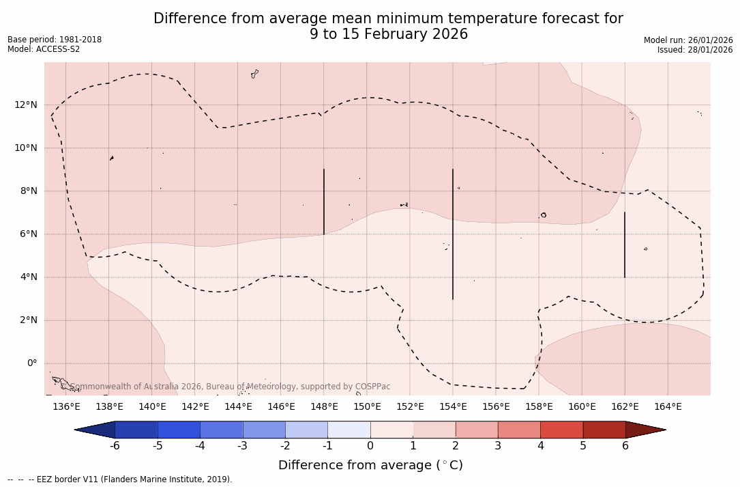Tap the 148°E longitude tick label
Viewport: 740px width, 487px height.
click(324, 407)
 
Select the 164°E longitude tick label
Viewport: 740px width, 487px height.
click(668, 407)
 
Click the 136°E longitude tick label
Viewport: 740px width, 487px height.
click(66, 407)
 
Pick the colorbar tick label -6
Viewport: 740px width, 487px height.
click(115, 446)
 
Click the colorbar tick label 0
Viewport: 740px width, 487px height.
click(370, 446)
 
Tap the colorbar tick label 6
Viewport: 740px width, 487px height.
click(625, 446)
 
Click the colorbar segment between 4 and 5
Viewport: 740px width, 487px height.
click(561, 430)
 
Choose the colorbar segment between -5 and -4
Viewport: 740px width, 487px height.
click(179, 430)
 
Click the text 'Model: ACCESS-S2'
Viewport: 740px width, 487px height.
click(44, 49)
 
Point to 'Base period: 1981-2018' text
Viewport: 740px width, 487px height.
click(55, 40)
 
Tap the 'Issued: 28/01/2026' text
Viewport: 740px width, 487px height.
click(695, 50)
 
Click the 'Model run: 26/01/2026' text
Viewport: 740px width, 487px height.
click(688, 40)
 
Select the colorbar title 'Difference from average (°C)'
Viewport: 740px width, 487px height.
click(370, 465)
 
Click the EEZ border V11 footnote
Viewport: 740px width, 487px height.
click(120, 479)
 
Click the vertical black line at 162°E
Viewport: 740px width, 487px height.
click(625, 245)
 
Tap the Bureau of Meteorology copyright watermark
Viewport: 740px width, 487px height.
click(231, 387)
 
